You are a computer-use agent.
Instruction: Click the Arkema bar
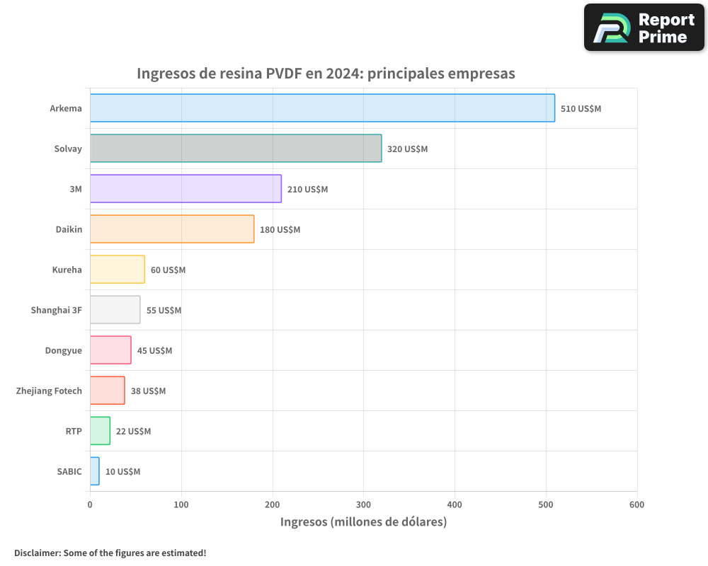tap(322, 108)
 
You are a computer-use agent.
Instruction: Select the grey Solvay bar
tap(236, 149)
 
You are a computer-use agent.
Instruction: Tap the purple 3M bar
tap(185, 189)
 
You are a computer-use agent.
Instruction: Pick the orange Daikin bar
tap(172, 229)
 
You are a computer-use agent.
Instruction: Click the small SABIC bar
tap(95, 471)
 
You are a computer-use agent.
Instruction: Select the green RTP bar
tap(100, 431)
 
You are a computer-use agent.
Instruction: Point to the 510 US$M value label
tap(581, 109)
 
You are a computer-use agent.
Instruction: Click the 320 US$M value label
tap(407, 149)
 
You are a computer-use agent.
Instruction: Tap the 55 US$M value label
tap(164, 311)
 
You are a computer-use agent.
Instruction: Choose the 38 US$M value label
tap(148, 391)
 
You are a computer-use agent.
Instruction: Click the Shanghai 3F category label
tap(56, 310)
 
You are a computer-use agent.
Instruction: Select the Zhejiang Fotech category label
tap(49, 391)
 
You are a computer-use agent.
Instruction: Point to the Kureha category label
tap(67, 270)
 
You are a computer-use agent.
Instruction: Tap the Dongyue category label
tap(63, 350)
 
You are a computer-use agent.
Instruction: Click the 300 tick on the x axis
tap(364, 504)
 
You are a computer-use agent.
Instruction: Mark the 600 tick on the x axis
tap(636, 504)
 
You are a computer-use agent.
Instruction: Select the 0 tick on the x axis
tap(90, 504)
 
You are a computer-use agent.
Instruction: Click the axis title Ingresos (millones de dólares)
tap(363, 522)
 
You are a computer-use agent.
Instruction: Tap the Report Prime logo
tap(644, 28)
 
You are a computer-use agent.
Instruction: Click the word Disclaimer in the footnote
tap(37, 553)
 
